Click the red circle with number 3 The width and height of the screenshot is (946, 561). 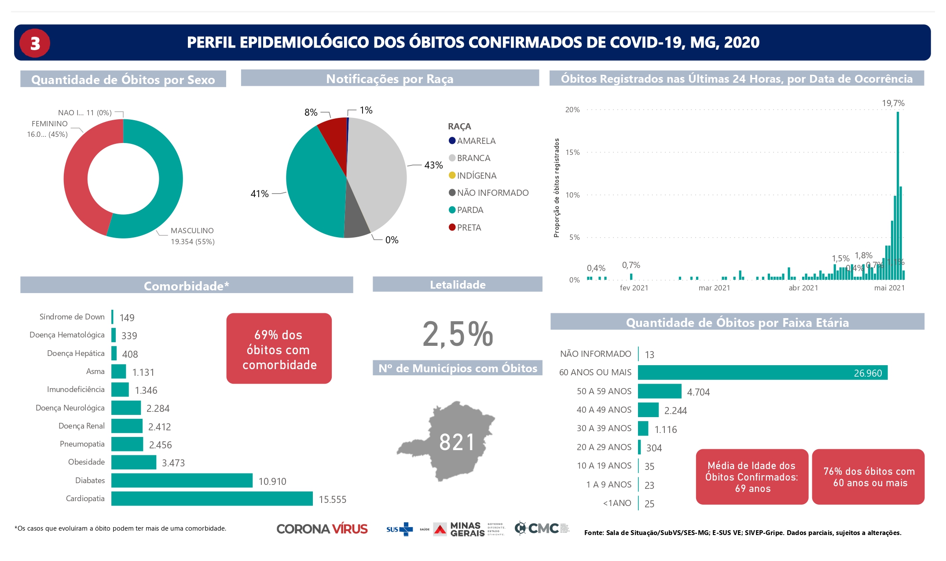[x=35, y=43]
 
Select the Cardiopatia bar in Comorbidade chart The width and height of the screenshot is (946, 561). [x=212, y=499]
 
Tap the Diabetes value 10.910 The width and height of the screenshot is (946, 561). [x=272, y=481]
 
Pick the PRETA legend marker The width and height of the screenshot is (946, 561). [x=452, y=227]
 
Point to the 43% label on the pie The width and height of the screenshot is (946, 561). [x=433, y=165]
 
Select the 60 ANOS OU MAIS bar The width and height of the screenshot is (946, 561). [x=762, y=373]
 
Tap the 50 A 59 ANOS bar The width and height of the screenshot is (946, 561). [x=659, y=391]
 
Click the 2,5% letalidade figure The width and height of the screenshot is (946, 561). [x=458, y=334]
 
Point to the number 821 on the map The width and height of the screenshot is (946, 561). [x=457, y=442]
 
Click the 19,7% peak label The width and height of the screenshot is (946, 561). [x=893, y=103]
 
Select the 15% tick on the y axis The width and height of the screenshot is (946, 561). [x=572, y=152]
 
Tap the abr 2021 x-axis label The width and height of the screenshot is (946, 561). [x=803, y=288]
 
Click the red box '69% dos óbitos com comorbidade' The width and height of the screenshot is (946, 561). [x=279, y=348]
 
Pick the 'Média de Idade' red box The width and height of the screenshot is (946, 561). [x=752, y=477]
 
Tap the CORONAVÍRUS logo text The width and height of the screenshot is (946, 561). [x=322, y=529]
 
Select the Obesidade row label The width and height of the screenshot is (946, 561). [x=86, y=462]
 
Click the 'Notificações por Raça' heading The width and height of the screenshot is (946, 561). [x=389, y=78]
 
